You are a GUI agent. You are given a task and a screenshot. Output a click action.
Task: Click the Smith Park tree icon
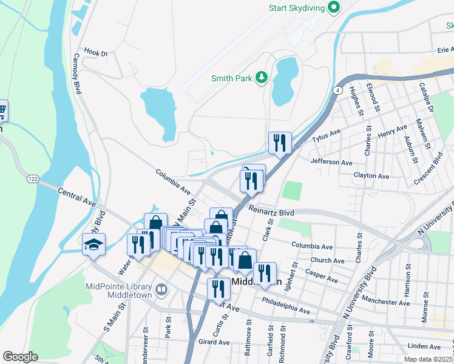[x=261, y=77]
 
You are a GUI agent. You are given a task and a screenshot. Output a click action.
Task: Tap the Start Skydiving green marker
[x=333, y=8]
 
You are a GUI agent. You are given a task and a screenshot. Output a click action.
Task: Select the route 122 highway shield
[x=33, y=179]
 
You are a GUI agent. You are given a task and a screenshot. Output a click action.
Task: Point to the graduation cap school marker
[x=94, y=244]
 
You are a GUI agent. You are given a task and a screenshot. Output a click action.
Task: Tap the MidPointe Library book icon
[x=161, y=290]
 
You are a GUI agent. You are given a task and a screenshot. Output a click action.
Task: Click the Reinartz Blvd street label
[x=272, y=213]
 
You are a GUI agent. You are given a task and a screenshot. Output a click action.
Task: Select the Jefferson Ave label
[x=331, y=163]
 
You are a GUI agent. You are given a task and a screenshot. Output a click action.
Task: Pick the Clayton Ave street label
[x=371, y=176]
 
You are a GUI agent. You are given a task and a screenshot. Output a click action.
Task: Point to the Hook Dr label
[x=96, y=53]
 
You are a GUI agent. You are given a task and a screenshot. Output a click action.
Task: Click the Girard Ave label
[x=214, y=342]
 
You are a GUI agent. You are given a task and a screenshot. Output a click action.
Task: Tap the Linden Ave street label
[x=424, y=346]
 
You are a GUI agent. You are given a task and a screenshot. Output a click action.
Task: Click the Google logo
[x=20, y=357]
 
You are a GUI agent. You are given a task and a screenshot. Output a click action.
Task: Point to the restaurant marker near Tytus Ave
[x=280, y=143]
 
